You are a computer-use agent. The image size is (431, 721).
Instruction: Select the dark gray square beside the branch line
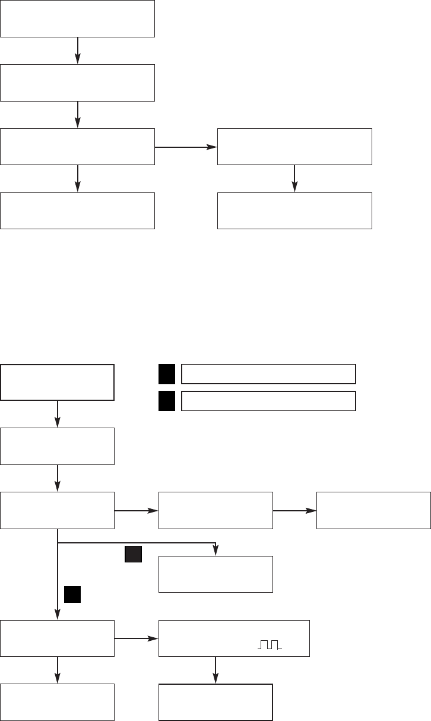133,554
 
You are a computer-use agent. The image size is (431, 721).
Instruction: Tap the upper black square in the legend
166,374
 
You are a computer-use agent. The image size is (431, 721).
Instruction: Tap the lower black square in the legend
166,401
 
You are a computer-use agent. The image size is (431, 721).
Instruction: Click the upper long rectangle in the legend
268,374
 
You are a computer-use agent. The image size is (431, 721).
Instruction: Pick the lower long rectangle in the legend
268,401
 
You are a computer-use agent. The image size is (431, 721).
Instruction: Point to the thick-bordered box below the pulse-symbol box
215,702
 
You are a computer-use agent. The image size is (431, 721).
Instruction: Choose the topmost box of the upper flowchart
77,18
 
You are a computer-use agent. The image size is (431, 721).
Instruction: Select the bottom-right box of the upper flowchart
294,210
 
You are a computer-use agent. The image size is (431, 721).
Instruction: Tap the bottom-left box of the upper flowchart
77,210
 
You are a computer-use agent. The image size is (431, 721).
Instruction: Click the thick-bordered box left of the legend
57,382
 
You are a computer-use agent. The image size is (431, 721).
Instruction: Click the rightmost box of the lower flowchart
373,510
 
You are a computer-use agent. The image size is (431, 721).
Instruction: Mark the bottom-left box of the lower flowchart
57,702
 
